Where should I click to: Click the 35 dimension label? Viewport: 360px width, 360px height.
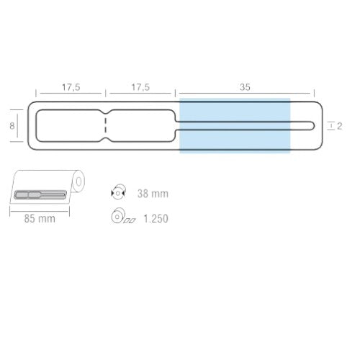(x=245, y=87)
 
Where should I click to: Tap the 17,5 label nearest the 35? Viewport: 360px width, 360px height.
(x=140, y=87)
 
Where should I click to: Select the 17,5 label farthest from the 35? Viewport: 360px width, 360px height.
(x=71, y=87)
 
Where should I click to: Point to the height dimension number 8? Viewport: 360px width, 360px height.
(x=12, y=126)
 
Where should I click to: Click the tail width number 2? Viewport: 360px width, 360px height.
(x=339, y=126)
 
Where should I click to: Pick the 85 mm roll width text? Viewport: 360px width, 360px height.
(x=40, y=219)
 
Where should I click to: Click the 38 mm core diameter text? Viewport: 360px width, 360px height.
(x=153, y=194)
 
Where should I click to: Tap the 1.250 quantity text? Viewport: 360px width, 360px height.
(x=156, y=218)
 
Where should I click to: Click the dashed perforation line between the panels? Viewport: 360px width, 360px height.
(x=106, y=125)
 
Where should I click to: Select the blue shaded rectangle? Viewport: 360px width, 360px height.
(x=235, y=125)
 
